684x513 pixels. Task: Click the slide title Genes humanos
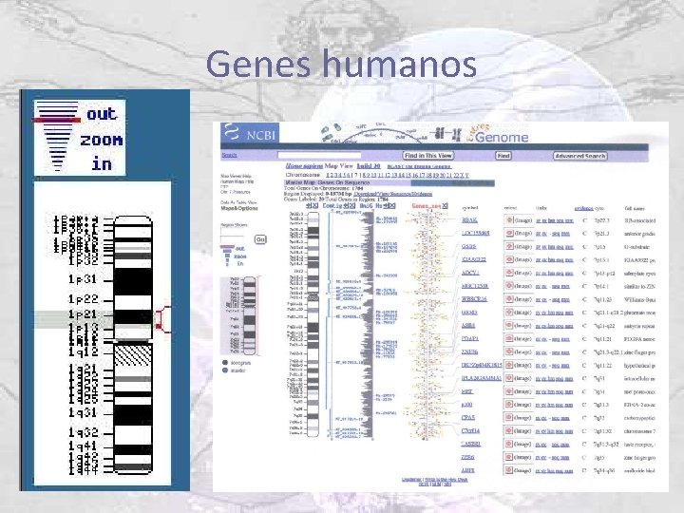click(x=341, y=64)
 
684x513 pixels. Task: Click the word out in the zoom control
click(x=101, y=114)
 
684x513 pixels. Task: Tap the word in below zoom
click(x=102, y=163)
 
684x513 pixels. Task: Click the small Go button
click(x=261, y=238)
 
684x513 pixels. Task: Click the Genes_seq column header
click(x=427, y=205)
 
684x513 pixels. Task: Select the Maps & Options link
click(x=238, y=209)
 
